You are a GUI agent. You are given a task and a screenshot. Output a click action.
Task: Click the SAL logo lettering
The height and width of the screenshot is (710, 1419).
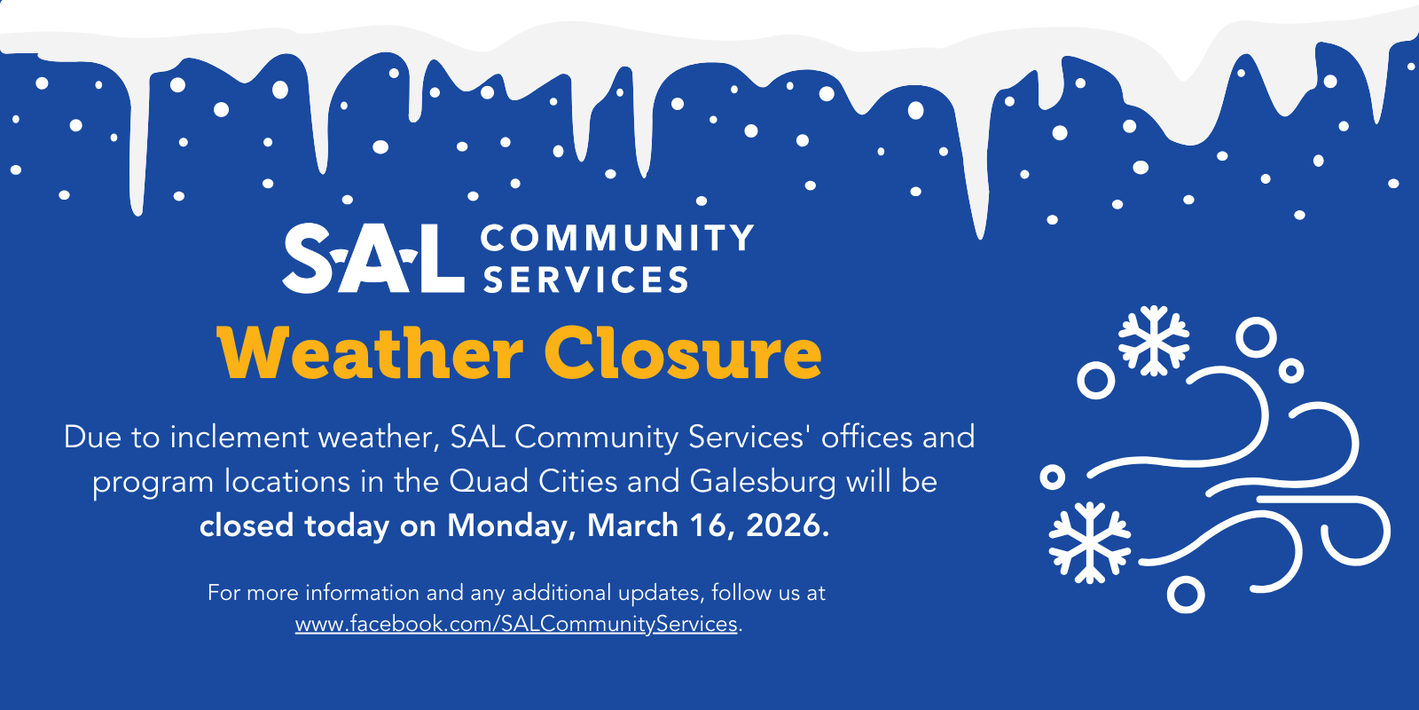click(x=373, y=258)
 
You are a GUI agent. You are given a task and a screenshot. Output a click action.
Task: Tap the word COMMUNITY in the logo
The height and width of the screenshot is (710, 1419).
click(x=617, y=238)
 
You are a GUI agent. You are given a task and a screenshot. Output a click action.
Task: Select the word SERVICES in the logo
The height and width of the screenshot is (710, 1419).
click(x=586, y=279)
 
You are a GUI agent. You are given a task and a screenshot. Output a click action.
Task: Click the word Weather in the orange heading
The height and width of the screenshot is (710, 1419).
click(x=370, y=352)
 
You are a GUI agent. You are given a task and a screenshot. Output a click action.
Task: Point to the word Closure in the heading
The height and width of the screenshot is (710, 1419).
click(x=683, y=352)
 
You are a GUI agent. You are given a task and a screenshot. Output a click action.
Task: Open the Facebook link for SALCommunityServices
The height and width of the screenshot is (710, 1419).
click(x=516, y=624)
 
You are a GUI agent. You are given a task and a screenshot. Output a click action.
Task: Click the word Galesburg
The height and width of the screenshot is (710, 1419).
click(x=763, y=481)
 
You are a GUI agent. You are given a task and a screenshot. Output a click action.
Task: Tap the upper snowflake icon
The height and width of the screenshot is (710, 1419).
click(x=1154, y=341)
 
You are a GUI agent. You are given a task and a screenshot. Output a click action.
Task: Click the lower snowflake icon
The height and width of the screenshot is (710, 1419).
click(x=1090, y=542)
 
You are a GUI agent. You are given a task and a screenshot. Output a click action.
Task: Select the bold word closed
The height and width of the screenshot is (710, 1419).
click(x=247, y=525)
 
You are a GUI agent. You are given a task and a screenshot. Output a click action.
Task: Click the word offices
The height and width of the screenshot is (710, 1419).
click(x=866, y=437)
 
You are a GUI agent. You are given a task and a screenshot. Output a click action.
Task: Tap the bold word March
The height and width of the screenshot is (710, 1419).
click(x=632, y=525)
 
